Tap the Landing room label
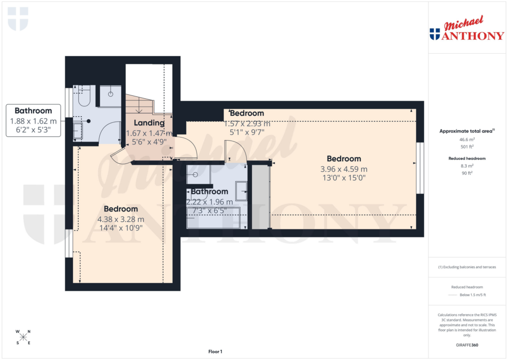(149, 123)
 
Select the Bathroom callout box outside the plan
(33, 121)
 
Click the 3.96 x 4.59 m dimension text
(344, 169)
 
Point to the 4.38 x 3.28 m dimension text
(121, 219)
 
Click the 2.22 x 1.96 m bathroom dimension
(209, 202)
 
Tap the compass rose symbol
(23, 338)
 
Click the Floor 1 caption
(215, 352)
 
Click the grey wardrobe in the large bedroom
(260, 197)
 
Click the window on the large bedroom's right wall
(421, 168)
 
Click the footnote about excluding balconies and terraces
(466, 267)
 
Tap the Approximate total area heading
(465, 131)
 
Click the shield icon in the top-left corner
(18, 19)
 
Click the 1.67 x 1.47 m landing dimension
(149, 133)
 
